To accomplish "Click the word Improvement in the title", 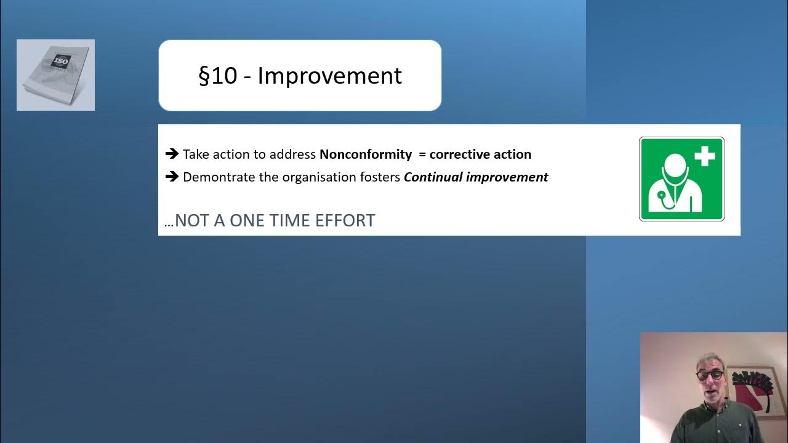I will (x=329, y=76).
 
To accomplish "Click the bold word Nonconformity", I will (x=365, y=154).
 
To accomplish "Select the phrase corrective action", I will (x=480, y=154).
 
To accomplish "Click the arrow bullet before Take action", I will (x=172, y=154).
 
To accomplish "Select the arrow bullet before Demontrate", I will (x=172, y=177).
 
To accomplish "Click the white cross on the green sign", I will (x=705, y=156).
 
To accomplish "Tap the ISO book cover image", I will (x=55, y=75).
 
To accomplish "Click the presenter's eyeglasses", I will (x=709, y=374).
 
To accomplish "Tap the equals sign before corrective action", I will (x=422, y=154).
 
